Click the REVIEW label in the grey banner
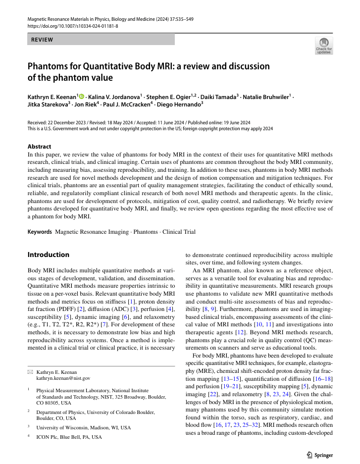42,40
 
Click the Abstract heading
39,147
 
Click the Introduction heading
49,255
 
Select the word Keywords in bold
40,231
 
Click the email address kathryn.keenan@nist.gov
63,378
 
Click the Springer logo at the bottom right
320,455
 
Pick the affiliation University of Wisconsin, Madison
84,427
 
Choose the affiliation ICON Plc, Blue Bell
69,437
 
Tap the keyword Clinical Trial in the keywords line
180,231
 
